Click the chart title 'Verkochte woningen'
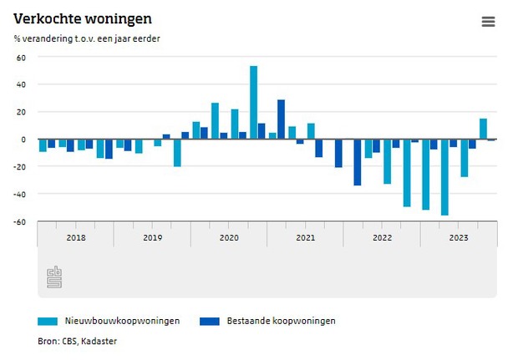pyautogui.click(x=71, y=18)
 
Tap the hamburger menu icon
pyautogui.click(x=489, y=22)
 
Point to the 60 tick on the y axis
pyautogui.click(x=22, y=58)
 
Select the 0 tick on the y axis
pyautogui.click(x=24, y=139)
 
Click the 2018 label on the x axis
pyautogui.click(x=75, y=238)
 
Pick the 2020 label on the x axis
pyautogui.click(x=229, y=238)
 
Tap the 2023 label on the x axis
pyautogui.click(x=459, y=238)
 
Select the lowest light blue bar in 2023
pyautogui.click(x=444, y=177)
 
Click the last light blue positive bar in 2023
pyautogui.click(x=483, y=129)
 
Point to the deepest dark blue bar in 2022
pyautogui.click(x=358, y=162)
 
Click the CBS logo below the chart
pyautogui.click(x=54, y=276)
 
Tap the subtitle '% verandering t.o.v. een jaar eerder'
pyautogui.click(x=87, y=38)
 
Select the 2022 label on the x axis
pyautogui.click(x=382, y=238)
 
